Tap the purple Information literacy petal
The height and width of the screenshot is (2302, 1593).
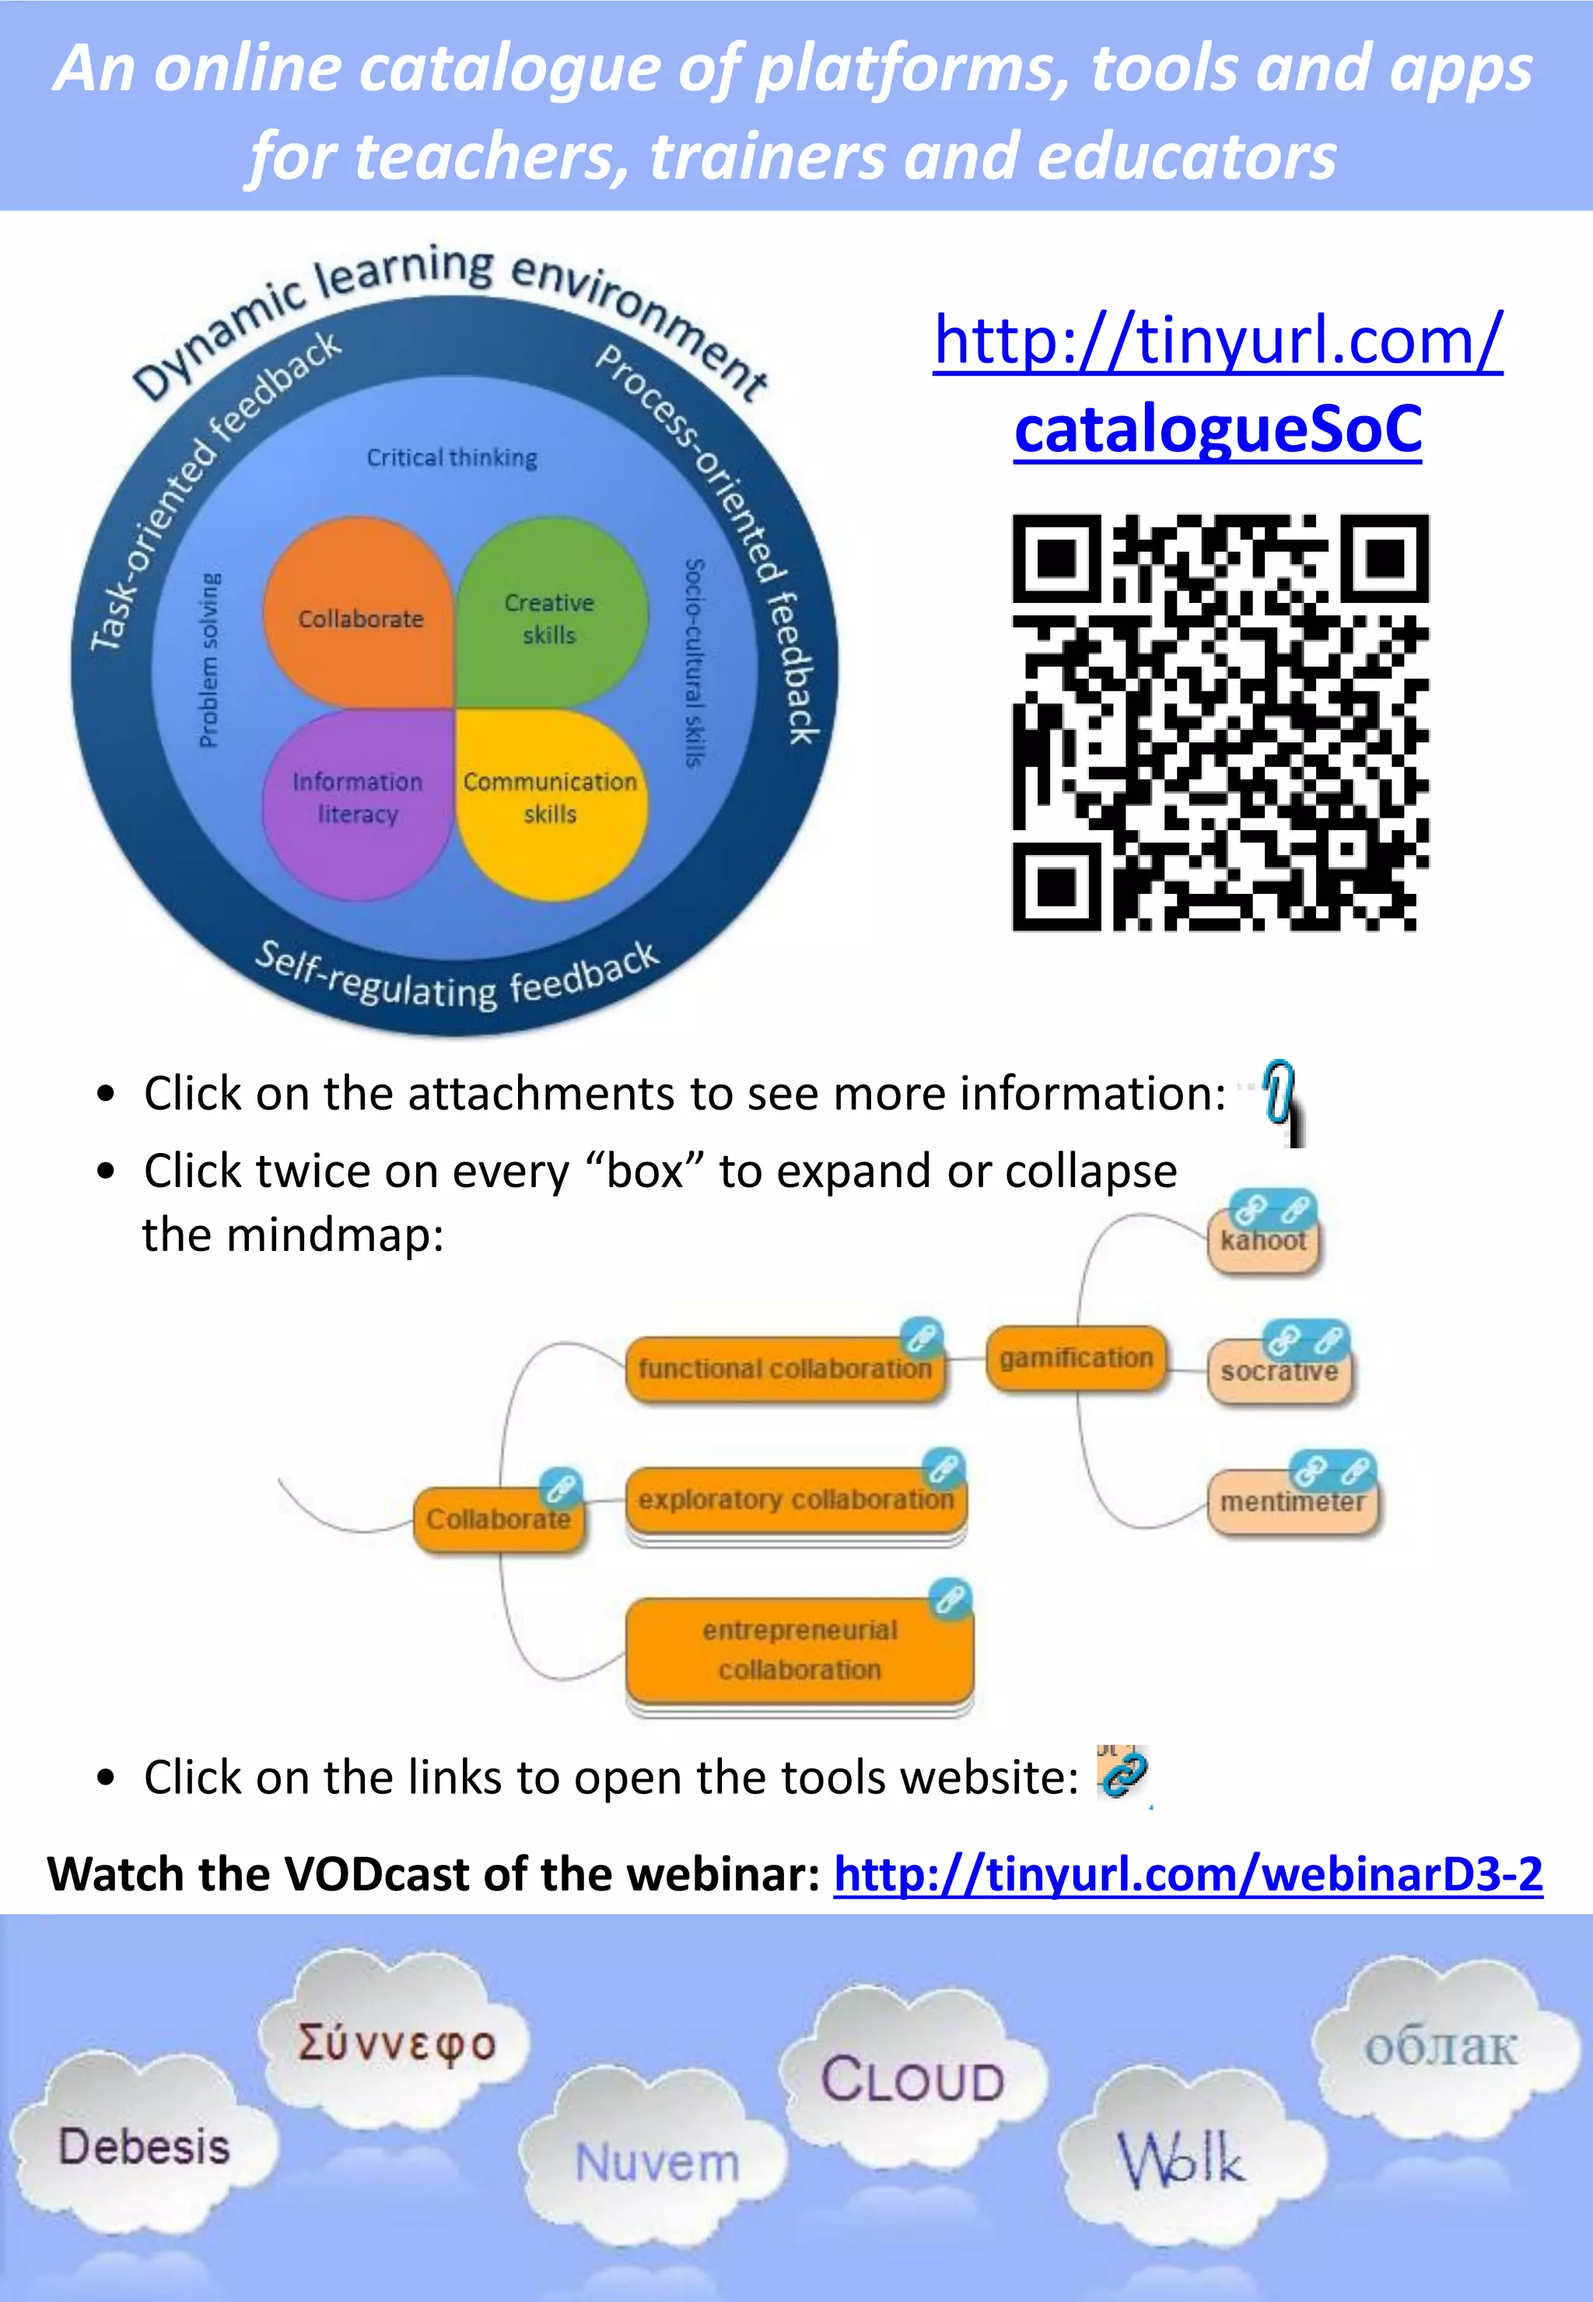point(357,799)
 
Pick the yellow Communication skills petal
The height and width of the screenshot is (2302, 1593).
point(550,799)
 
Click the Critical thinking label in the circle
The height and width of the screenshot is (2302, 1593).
point(451,458)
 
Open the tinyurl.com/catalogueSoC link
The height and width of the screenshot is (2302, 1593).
point(1218,384)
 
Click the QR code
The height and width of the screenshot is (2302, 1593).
point(1220,723)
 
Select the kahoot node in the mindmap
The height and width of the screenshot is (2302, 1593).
point(1262,1242)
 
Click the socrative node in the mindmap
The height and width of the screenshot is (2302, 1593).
point(1279,1372)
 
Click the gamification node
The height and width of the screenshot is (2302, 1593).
point(1076,1358)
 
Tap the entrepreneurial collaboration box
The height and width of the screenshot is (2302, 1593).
point(800,1650)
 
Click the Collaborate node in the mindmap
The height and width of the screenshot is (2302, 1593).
point(499,1519)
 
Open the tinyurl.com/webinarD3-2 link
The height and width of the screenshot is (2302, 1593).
point(1188,1875)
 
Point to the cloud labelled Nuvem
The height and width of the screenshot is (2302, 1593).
point(656,2162)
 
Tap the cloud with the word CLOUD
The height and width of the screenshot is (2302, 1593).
point(912,2080)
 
